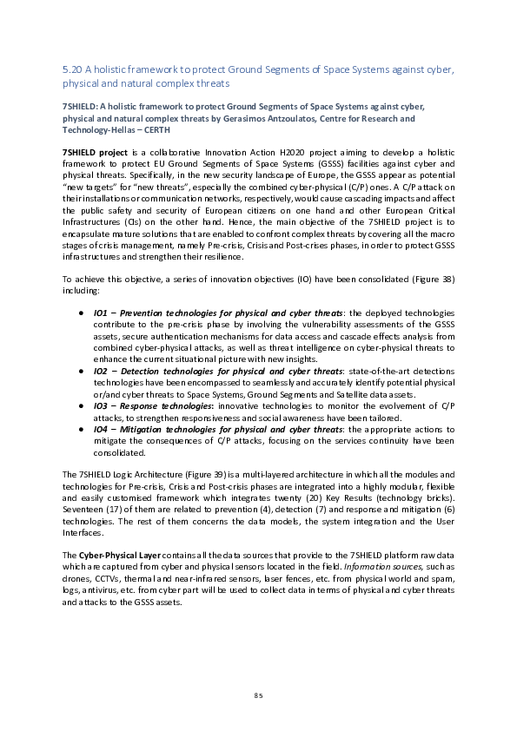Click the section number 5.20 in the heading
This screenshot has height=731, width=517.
[x=72, y=69]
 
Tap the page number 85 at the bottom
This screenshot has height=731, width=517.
[x=258, y=695]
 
